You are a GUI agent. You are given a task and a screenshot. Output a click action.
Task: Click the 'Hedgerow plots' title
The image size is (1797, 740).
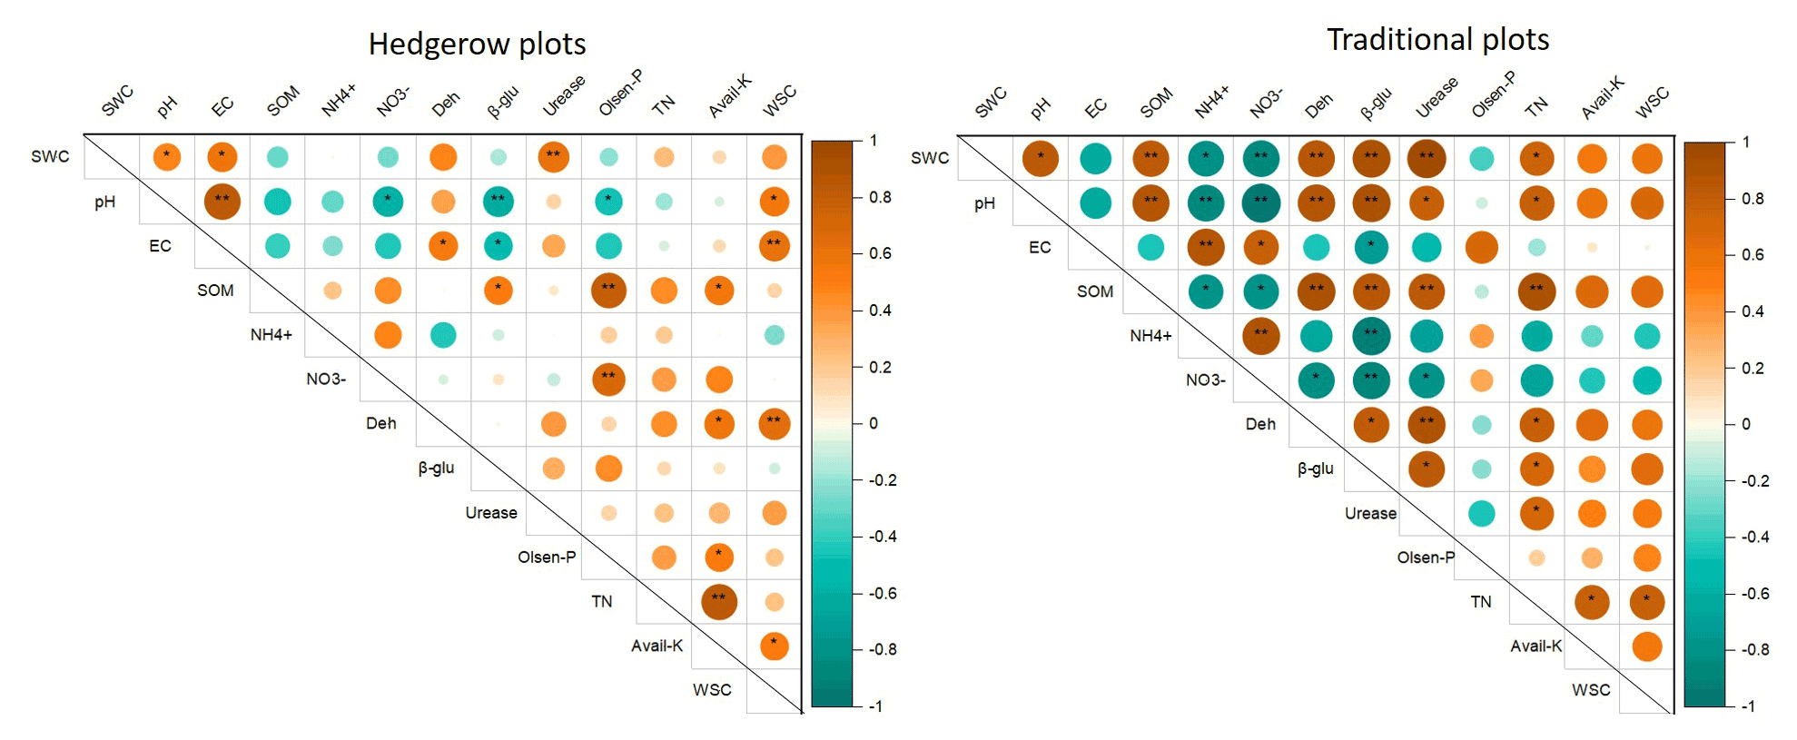pyautogui.click(x=477, y=44)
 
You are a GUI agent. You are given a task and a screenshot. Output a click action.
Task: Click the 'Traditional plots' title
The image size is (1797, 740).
pyautogui.click(x=1437, y=39)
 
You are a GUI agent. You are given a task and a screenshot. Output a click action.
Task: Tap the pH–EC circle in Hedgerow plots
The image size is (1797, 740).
pyautogui.click(x=222, y=202)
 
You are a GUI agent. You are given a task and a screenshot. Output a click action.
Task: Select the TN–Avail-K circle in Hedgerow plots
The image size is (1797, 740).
pyautogui.click(x=718, y=601)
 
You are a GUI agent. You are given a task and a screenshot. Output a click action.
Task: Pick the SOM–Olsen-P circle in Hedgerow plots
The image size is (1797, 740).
pyautogui.click(x=608, y=291)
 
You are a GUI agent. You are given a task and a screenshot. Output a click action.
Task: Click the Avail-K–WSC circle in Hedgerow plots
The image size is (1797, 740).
pyautogui.click(x=774, y=646)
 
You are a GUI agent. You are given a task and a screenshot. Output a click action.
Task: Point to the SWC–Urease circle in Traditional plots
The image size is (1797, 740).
pyautogui.click(x=1427, y=158)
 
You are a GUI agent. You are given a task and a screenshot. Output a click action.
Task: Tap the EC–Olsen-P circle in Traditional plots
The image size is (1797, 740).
pyautogui.click(x=1481, y=247)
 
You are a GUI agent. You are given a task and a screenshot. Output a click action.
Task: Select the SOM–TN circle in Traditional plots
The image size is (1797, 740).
pyautogui.click(x=1536, y=291)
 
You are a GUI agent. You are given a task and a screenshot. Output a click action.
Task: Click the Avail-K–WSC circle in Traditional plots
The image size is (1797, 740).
pyautogui.click(x=1646, y=646)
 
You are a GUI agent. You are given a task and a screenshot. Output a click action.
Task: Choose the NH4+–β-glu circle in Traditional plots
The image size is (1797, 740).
pyautogui.click(x=1371, y=336)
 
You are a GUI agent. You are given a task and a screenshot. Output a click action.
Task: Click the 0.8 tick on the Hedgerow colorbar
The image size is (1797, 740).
pyautogui.click(x=879, y=197)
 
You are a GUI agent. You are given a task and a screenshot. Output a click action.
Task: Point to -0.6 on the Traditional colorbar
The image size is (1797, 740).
pyautogui.click(x=1754, y=594)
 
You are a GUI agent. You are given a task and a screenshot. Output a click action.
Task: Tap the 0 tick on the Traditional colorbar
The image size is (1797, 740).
pyautogui.click(x=1745, y=424)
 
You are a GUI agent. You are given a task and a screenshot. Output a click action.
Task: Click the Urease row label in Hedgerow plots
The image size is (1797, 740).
pyautogui.click(x=491, y=513)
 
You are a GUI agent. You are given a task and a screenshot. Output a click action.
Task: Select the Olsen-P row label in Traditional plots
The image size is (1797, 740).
pyautogui.click(x=1426, y=557)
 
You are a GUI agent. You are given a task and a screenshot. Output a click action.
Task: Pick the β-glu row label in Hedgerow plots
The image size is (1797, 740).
pyautogui.click(x=436, y=469)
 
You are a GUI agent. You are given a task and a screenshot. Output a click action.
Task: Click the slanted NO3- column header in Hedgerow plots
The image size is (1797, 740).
pyautogui.click(x=393, y=102)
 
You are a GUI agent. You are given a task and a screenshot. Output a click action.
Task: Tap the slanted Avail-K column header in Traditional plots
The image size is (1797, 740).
pyautogui.click(x=1603, y=97)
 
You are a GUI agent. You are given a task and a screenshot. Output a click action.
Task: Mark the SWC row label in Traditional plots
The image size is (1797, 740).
pyautogui.click(x=930, y=158)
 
